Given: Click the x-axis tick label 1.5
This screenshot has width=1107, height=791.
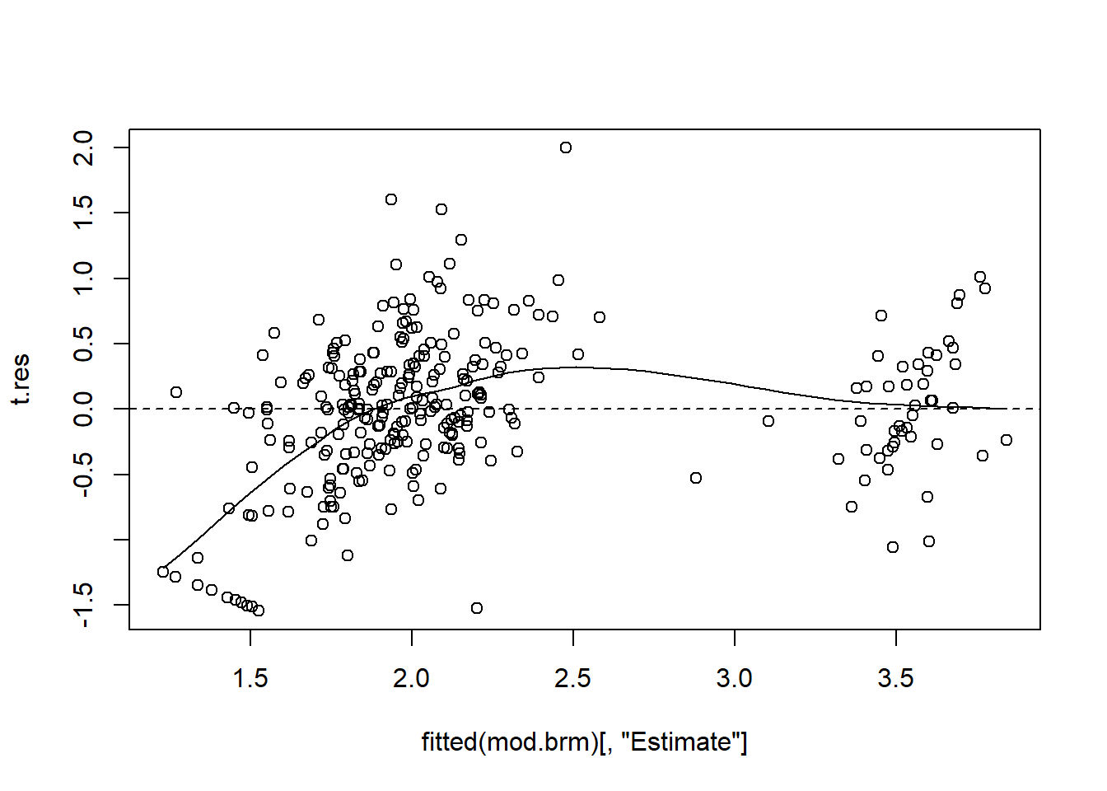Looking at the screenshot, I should (250, 679).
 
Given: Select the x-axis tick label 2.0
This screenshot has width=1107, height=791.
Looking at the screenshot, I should (412, 679).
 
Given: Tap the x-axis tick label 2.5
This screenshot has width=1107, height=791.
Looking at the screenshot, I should (573, 679).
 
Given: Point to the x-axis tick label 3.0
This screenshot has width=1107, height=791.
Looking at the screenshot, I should (735, 679).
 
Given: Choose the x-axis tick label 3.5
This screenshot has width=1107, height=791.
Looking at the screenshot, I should (896, 679).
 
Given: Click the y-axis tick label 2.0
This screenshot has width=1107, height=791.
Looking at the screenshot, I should (85, 148).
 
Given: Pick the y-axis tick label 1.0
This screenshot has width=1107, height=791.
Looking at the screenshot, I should (85, 278).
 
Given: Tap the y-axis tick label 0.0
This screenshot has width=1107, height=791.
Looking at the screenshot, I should (85, 409).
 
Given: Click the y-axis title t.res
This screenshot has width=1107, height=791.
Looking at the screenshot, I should (21, 379).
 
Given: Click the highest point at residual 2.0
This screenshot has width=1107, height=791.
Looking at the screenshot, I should (566, 147).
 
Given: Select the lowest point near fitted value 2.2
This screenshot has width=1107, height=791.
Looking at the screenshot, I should (477, 608).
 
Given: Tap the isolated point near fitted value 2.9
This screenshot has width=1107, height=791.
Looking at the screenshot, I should (696, 478).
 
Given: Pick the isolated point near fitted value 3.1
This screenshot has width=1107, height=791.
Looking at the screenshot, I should (768, 421).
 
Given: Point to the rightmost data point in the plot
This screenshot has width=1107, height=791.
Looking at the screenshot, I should (1007, 440).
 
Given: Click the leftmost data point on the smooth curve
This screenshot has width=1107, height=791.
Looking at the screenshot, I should (163, 572).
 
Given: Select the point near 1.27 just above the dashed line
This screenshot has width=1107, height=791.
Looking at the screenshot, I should (176, 392).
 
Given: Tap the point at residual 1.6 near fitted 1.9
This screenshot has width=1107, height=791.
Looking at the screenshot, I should (391, 199).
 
